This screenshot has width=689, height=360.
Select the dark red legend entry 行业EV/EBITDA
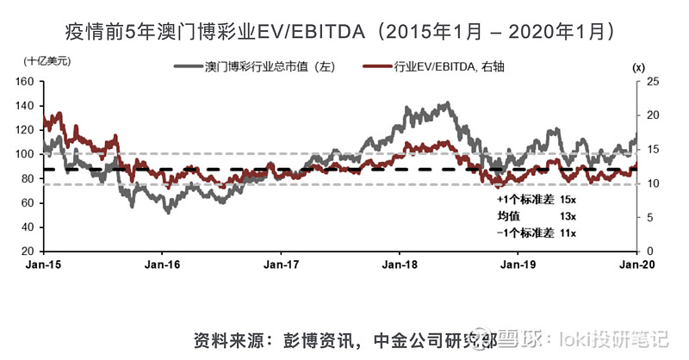coord(453,66)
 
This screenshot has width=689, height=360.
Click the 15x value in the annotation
coord(566,199)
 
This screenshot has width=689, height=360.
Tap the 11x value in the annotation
coord(566,233)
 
